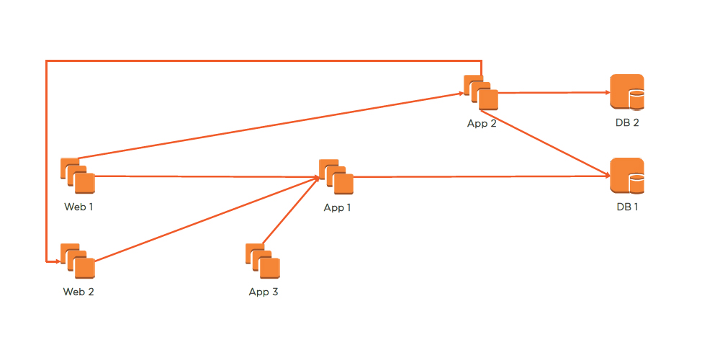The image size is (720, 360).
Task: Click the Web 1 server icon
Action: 78,176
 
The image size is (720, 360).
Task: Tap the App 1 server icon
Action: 336,176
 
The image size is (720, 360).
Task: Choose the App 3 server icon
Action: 263,261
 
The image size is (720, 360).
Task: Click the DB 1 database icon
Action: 626,176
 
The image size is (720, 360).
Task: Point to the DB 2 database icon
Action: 626,92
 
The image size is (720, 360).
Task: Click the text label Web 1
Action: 78,207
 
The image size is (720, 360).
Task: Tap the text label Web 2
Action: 78,292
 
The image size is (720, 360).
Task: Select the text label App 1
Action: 338,207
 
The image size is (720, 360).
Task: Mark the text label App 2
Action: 482,123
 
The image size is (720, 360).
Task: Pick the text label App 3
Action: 264,292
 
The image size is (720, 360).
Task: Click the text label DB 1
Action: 627,207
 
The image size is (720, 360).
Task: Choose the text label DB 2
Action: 627,123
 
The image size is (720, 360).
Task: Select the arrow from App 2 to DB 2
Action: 554,92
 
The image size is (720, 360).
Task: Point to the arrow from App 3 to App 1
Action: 290,211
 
